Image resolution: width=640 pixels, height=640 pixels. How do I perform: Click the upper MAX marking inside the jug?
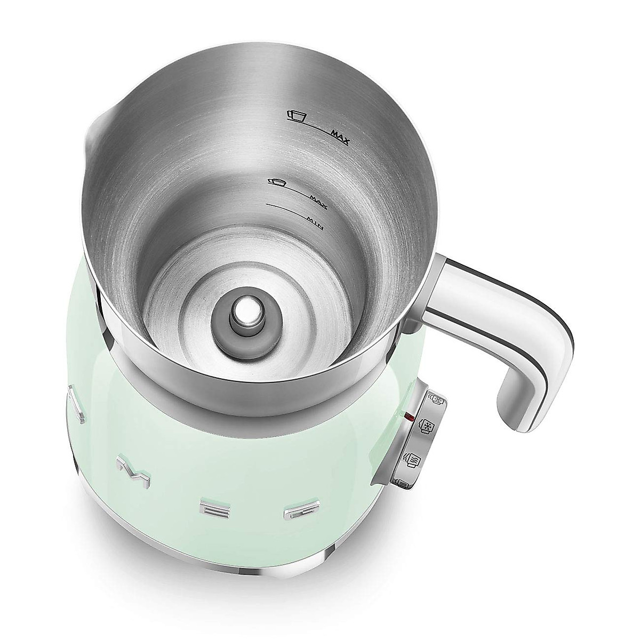pyautogui.click(x=339, y=140)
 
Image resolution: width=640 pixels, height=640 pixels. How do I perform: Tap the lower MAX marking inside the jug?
pyautogui.click(x=318, y=199)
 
